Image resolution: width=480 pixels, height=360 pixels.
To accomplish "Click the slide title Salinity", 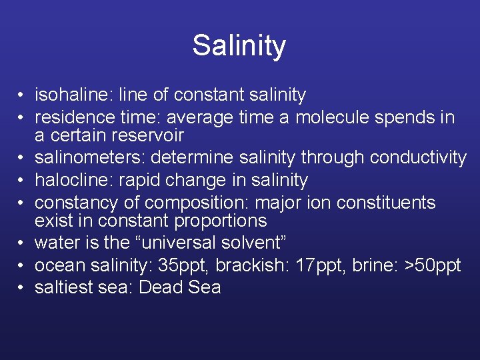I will tap(239, 46).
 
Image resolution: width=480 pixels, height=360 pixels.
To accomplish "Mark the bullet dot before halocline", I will tap(22, 181).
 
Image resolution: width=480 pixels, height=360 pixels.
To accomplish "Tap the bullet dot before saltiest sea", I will tap(22, 288).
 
